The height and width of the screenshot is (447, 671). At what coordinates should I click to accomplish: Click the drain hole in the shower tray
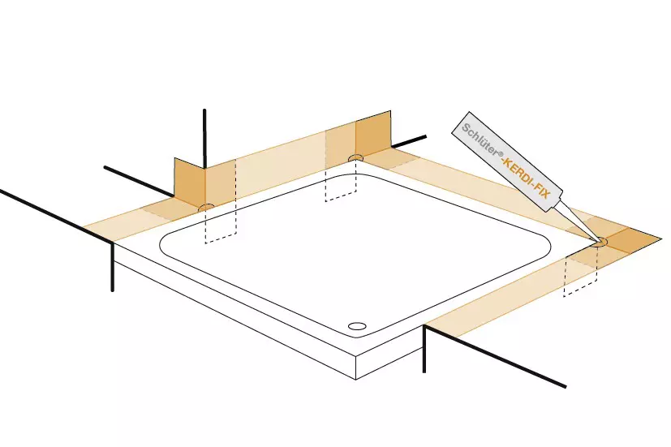[357, 326]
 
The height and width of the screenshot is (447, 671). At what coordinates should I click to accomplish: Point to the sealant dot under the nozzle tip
[601, 242]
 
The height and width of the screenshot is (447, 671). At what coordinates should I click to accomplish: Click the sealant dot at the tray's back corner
[355, 158]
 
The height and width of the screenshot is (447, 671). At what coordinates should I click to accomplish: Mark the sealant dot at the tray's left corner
[207, 208]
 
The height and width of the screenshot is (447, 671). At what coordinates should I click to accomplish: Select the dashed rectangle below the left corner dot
[221, 224]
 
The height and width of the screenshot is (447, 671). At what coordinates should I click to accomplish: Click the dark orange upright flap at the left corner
[190, 182]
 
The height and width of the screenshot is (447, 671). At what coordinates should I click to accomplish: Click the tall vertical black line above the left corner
[204, 139]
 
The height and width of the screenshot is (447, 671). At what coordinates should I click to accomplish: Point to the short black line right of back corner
[409, 142]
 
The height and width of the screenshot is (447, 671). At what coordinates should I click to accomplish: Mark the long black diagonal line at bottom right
[495, 356]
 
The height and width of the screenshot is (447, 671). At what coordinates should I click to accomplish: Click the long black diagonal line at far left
[57, 216]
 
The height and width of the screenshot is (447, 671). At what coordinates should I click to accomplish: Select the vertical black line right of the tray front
[424, 349]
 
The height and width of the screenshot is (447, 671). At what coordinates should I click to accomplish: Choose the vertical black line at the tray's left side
[113, 267]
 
